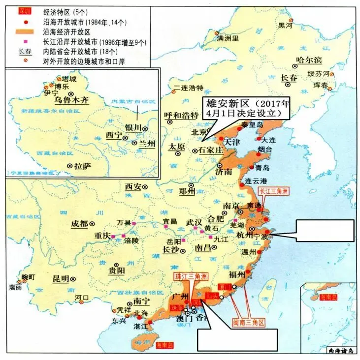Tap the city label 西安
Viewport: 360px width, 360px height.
[133, 187]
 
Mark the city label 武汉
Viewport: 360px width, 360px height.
[194, 222]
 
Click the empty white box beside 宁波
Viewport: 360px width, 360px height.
[325, 230]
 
